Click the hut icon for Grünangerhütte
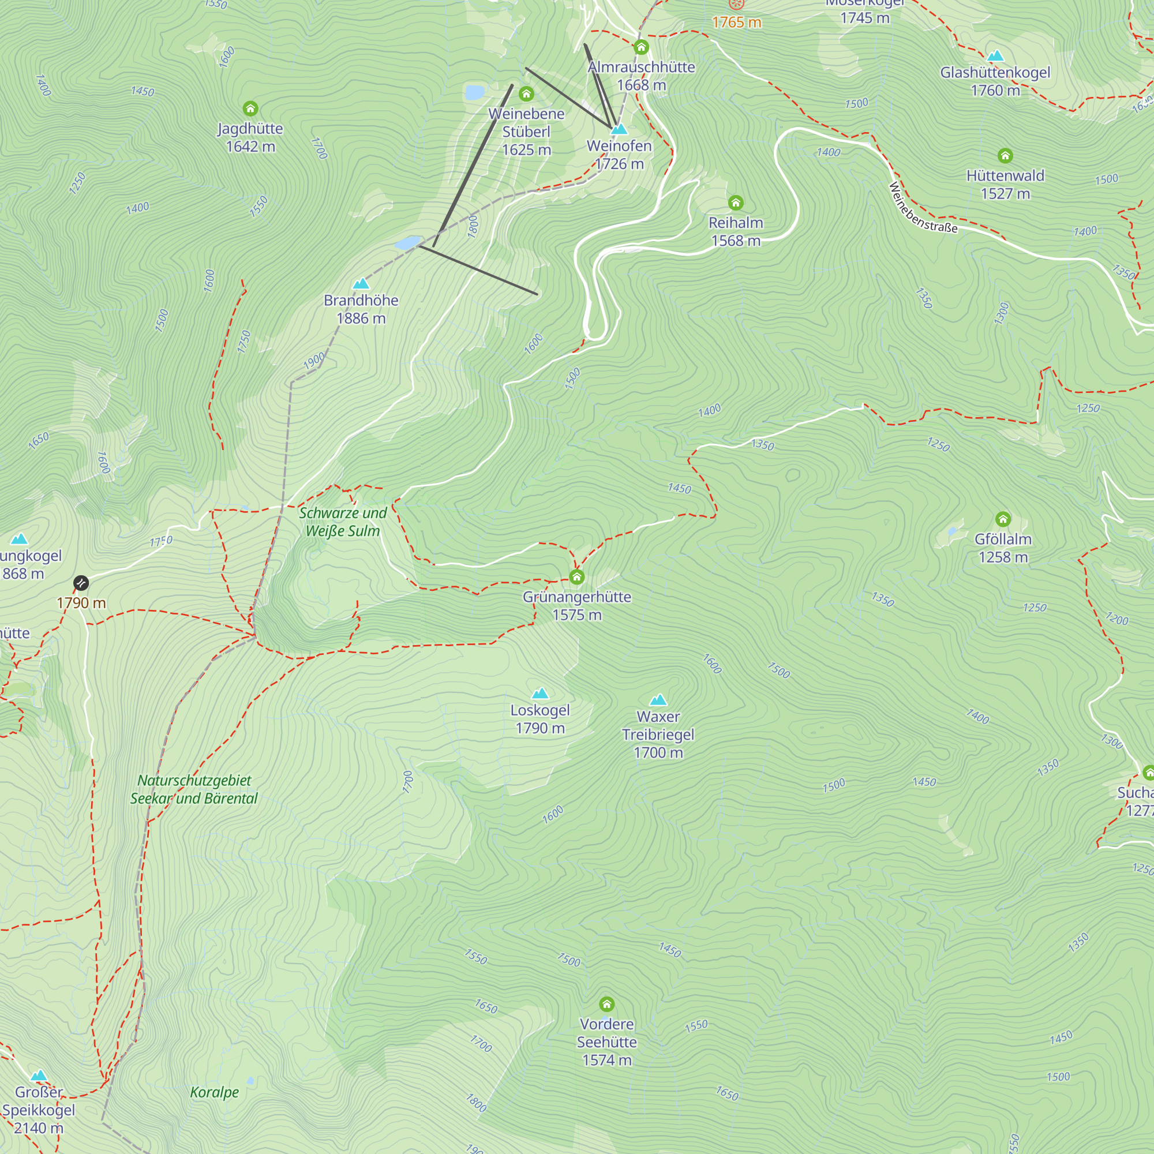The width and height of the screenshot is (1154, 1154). click(x=576, y=577)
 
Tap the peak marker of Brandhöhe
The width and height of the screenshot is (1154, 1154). click(x=361, y=284)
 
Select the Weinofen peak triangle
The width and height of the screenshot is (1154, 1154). click(x=619, y=129)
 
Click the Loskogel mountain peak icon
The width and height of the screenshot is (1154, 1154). click(x=540, y=694)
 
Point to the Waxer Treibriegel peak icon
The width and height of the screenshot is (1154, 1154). click(x=658, y=700)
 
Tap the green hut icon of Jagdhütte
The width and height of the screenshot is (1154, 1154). click(x=250, y=108)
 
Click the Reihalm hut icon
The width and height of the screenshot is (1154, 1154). click(x=735, y=203)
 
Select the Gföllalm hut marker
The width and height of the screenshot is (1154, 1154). click(x=1003, y=519)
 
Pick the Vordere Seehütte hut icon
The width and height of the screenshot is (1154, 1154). click(x=606, y=1004)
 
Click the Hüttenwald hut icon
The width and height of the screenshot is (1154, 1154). click(x=1005, y=156)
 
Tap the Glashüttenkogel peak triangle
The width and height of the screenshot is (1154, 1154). click(x=995, y=57)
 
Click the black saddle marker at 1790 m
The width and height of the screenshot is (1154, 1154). click(x=81, y=583)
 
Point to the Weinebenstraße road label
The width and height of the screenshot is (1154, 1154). click(x=922, y=208)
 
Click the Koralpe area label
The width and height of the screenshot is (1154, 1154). click(x=214, y=1092)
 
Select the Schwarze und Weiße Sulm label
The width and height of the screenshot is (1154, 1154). click(x=343, y=522)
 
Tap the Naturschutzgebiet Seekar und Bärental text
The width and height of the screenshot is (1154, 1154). click(x=194, y=789)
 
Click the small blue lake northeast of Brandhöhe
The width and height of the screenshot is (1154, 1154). click(x=408, y=242)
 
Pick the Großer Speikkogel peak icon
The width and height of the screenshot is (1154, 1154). click(x=39, y=1076)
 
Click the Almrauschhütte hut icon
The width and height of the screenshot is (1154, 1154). click(x=641, y=47)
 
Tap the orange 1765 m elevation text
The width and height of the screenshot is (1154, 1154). click(x=736, y=23)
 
